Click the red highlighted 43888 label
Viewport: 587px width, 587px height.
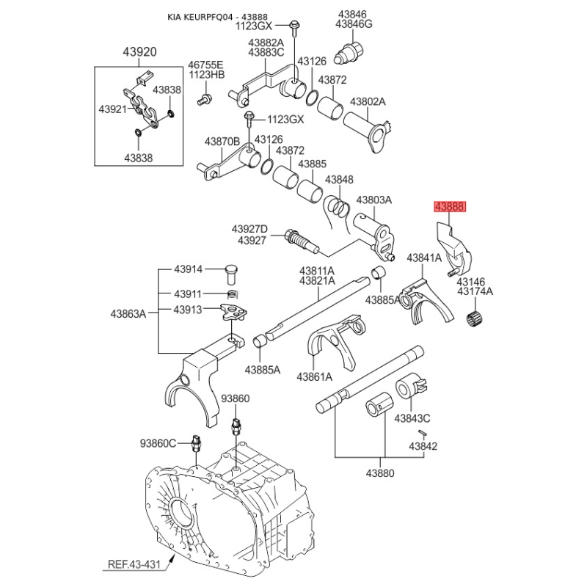[x=450, y=207]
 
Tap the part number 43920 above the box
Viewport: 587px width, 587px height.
[x=139, y=53]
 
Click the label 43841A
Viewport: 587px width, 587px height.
[x=425, y=258]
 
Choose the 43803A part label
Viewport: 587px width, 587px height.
[x=374, y=200]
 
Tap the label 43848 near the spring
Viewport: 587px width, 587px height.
[x=339, y=180]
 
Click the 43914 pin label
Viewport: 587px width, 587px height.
[x=189, y=269]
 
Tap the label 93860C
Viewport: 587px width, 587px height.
[x=158, y=442]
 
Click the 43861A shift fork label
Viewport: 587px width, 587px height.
[x=315, y=377]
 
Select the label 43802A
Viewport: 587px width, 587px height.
[x=368, y=102]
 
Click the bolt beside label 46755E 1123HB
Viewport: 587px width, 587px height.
[x=205, y=98]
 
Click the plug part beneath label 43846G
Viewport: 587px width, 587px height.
[x=347, y=52]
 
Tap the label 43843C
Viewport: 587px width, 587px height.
[x=412, y=419]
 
